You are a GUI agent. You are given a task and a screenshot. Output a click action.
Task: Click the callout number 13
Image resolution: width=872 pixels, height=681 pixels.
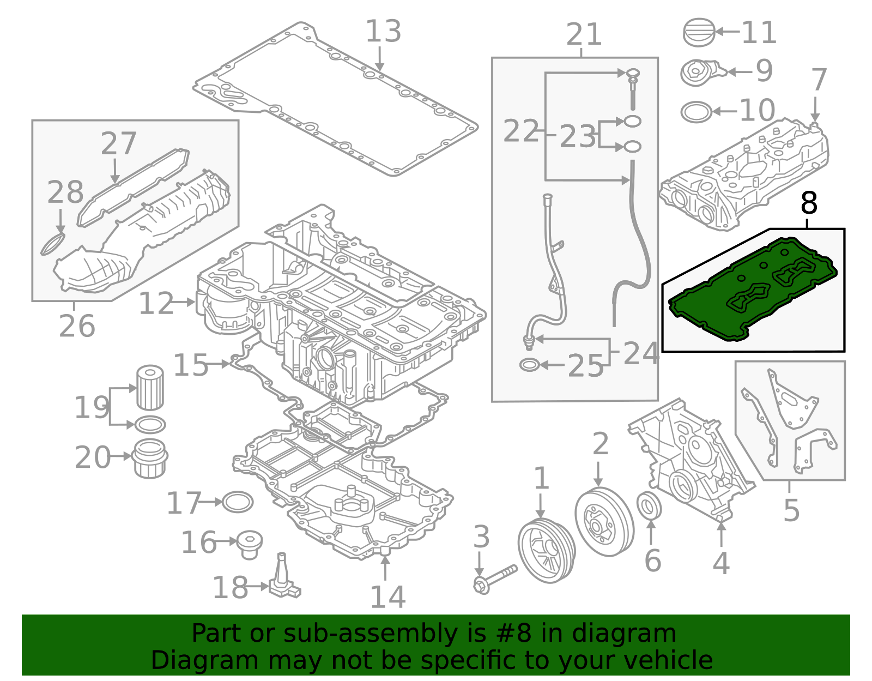[x=383, y=32]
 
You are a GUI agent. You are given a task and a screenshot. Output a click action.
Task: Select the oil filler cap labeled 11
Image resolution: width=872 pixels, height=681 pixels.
[x=699, y=33]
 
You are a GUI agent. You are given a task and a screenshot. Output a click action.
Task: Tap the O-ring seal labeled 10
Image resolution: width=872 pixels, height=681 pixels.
[x=696, y=112]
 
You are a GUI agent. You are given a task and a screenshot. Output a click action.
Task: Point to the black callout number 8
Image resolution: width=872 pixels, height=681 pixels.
[x=809, y=203]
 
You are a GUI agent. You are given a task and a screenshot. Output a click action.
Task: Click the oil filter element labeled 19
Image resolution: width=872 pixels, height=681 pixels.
[x=149, y=388]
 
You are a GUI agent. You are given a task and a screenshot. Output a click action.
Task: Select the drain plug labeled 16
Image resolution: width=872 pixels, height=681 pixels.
[x=250, y=544]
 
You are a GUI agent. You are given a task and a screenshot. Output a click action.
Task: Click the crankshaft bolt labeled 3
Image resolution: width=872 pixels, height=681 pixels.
[x=494, y=579]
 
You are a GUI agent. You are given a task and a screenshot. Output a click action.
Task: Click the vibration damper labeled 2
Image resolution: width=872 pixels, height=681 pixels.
[x=604, y=522]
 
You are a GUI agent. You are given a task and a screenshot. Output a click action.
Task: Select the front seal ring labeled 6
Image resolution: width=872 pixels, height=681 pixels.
[x=649, y=506]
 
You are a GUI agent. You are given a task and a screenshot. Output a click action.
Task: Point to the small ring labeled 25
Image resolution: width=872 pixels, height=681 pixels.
[x=529, y=365]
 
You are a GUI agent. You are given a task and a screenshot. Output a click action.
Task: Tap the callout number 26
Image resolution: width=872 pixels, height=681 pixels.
[x=77, y=326]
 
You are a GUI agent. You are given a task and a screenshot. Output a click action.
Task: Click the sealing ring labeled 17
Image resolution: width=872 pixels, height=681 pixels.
[x=238, y=502]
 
